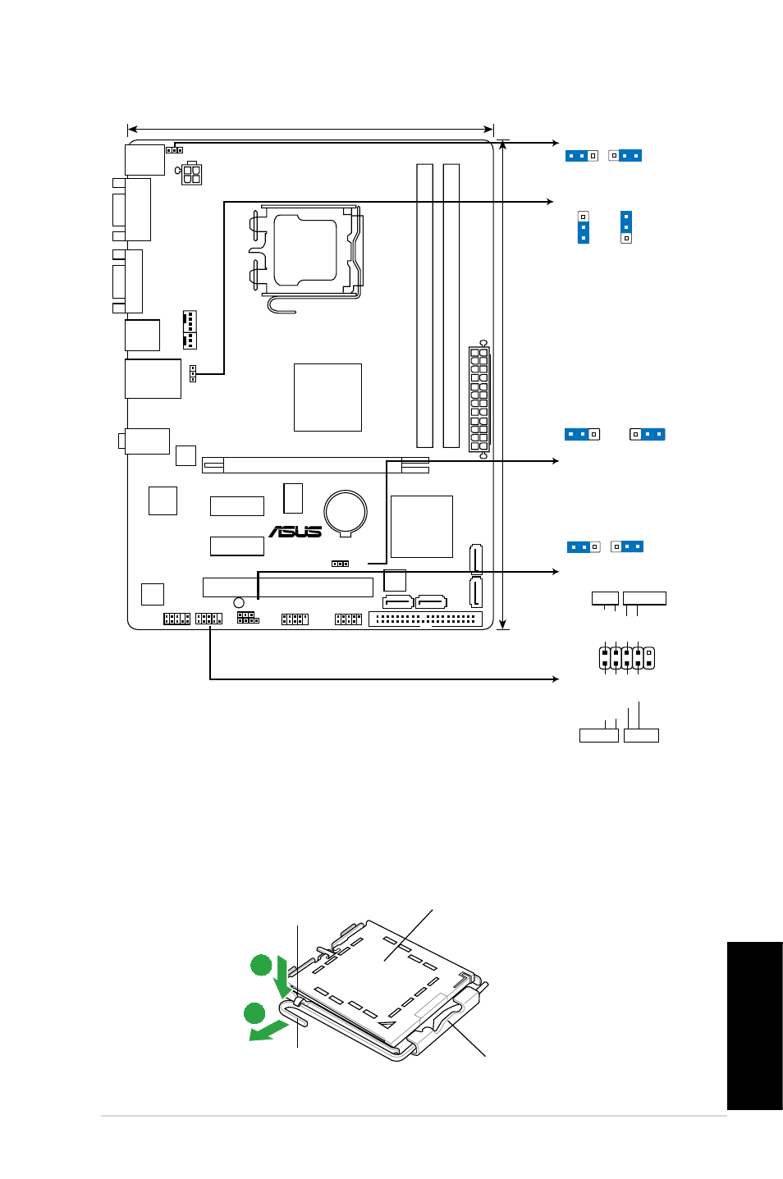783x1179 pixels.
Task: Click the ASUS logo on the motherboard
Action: [295, 532]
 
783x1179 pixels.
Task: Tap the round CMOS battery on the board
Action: [346, 512]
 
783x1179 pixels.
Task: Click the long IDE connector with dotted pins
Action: [425, 619]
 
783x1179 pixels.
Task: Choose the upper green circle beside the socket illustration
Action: [261, 965]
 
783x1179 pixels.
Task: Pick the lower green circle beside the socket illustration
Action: [254, 1013]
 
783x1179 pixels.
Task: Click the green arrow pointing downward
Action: [283, 977]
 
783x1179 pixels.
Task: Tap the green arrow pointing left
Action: [268, 1030]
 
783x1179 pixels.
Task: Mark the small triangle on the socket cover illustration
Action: [387, 1024]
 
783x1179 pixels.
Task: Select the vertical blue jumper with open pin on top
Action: [583, 227]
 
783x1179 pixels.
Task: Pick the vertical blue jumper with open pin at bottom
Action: [626, 227]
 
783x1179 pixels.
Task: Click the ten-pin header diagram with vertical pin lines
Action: [626, 658]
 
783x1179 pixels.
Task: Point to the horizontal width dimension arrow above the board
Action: [311, 129]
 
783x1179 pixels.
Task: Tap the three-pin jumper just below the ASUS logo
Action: [340, 564]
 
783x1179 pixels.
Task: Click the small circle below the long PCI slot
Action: [239, 603]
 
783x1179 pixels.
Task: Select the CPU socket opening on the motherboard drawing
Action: [305, 249]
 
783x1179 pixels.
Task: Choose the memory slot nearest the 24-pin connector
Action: [451, 306]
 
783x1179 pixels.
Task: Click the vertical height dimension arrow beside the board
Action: [503, 385]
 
